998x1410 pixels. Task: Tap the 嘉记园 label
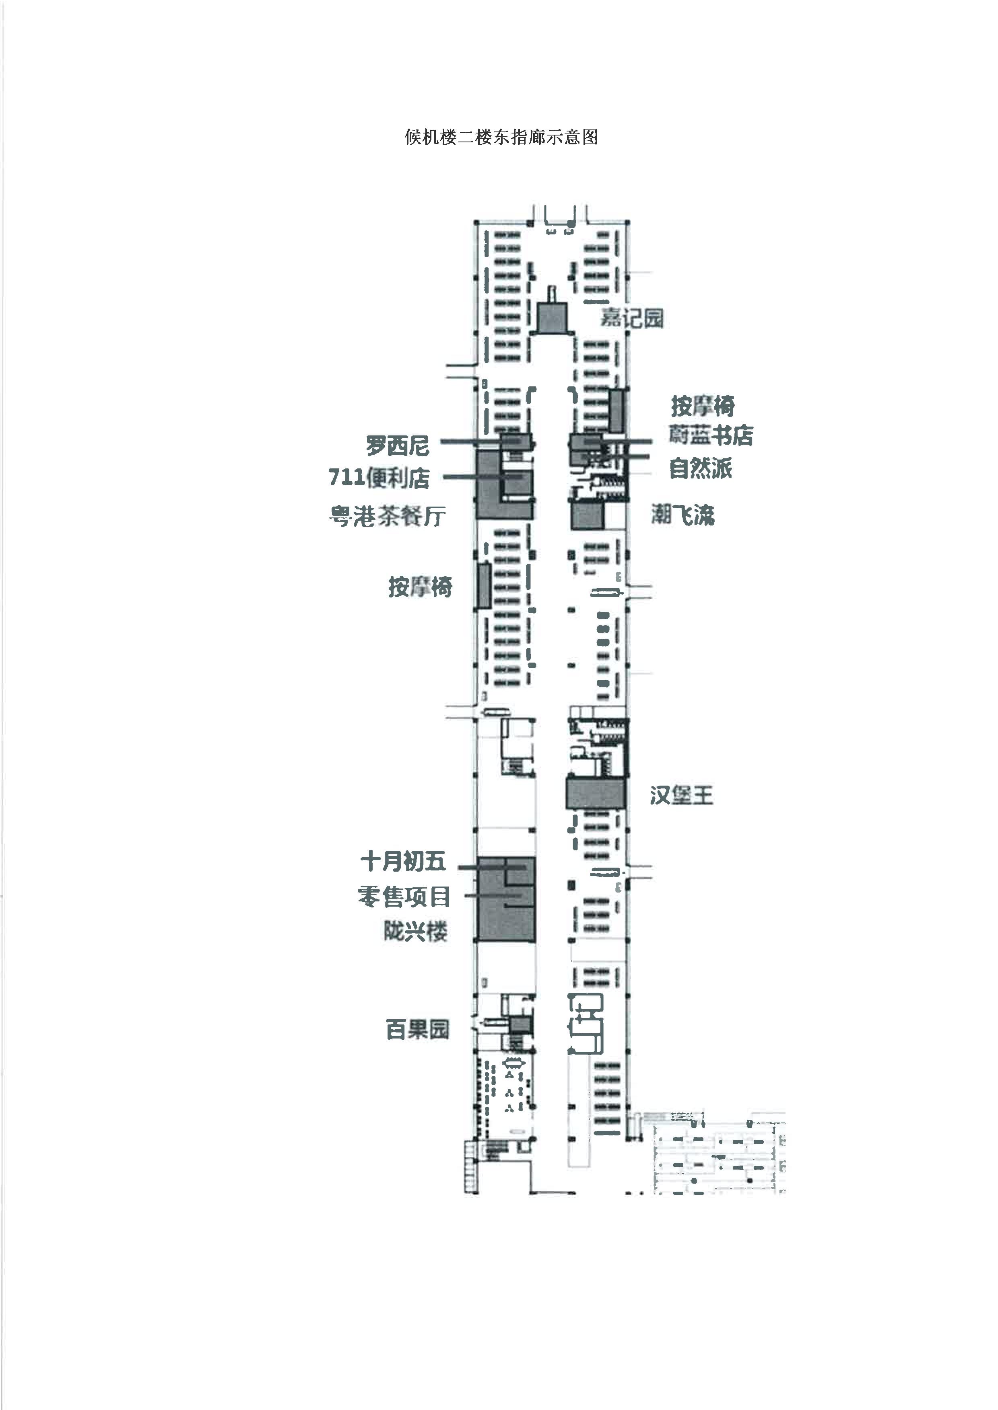click(x=632, y=318)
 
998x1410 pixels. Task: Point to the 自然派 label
click(x=701, y=468)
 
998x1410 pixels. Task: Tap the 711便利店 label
click(x=379, y=477)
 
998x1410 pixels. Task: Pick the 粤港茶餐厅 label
click(x=387, y=516)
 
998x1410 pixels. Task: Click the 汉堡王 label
click(x=682, y=796)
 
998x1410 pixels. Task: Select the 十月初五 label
click(x=403, y=861)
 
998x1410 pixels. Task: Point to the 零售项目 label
click(x=404, y=897)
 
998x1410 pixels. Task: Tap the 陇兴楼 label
click(x=415, y=932)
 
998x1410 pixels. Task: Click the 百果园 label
click(x=418, y=1029)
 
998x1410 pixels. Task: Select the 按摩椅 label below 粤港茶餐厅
click(x=421, y=587)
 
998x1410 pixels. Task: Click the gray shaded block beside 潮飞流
click(x=588, y=516)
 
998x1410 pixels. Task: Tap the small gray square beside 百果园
click(x=520, y=1025)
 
